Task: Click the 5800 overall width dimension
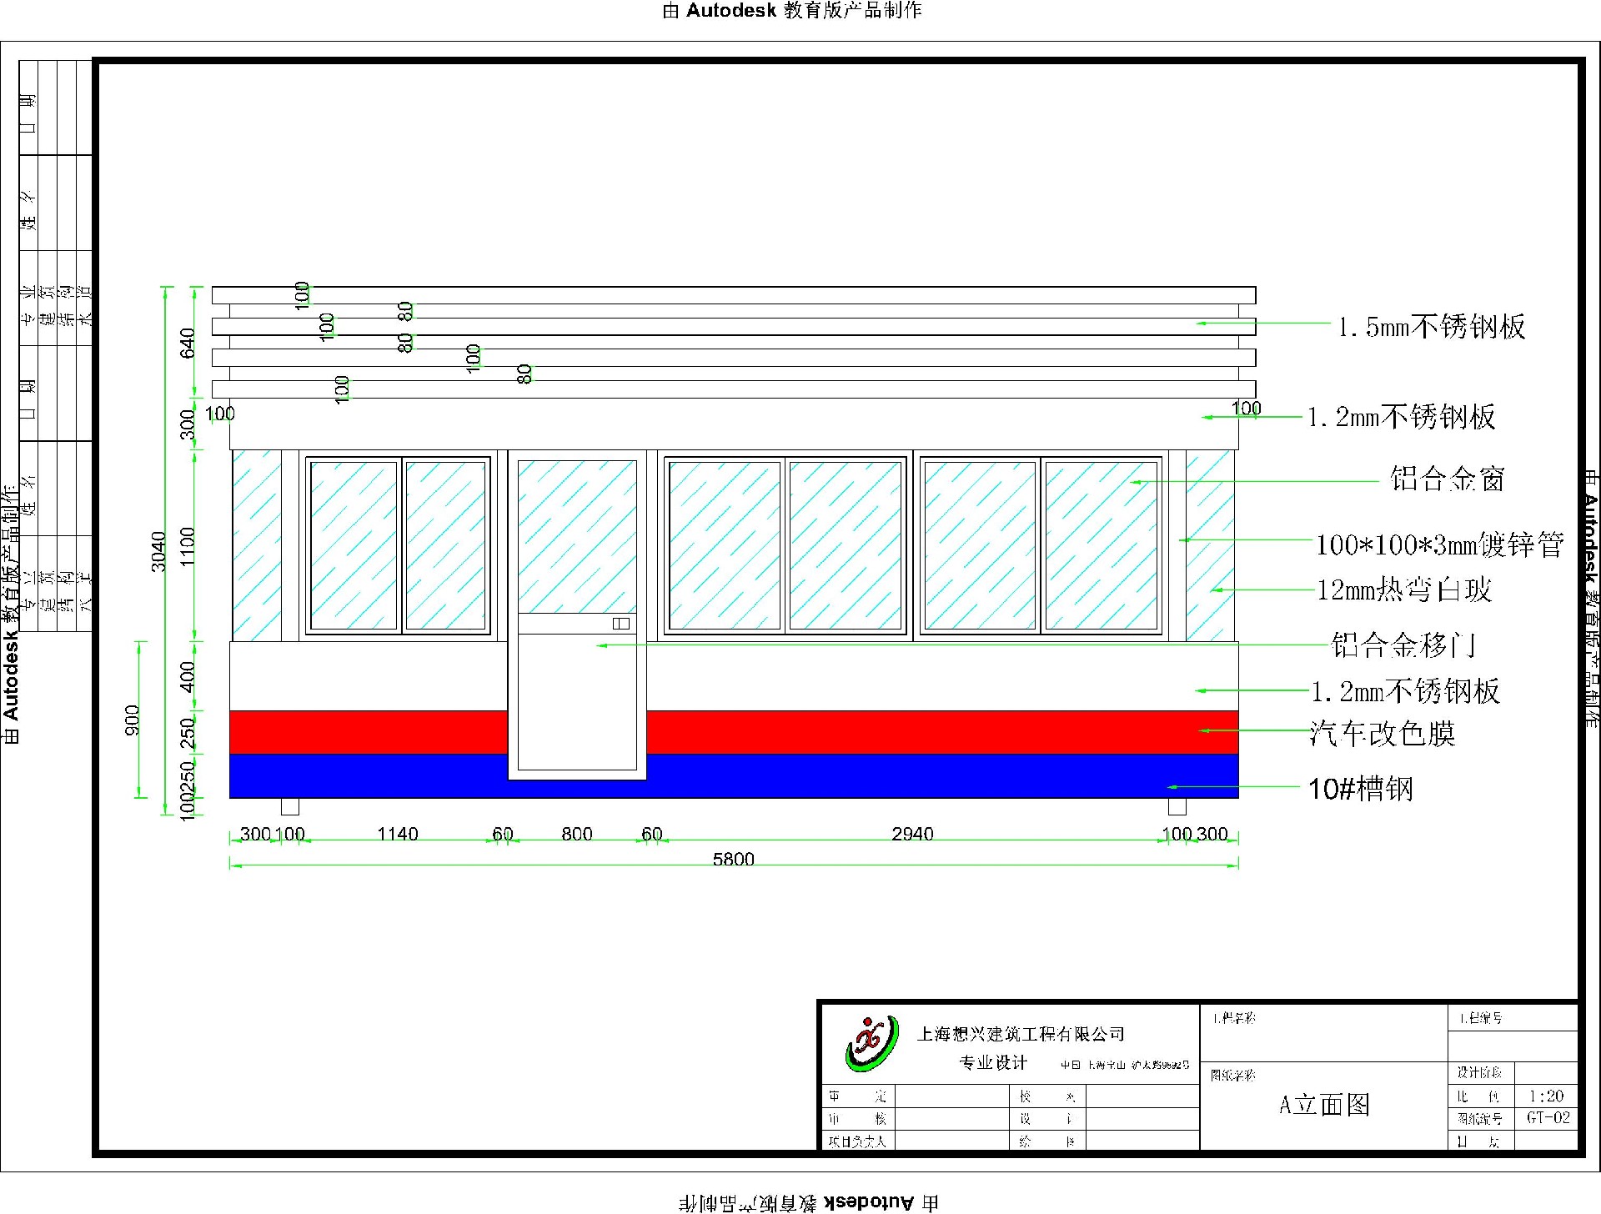click(733, 859)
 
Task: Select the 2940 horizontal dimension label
click(912, 834)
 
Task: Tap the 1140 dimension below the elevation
click(397, 834)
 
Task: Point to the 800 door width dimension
click(576, 834)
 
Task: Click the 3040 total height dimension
click(158, 551)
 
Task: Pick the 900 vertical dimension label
click(133, 720)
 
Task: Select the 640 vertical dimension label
click(188, 343)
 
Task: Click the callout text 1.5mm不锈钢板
click(1431, 327)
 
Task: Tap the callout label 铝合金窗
click(1447, 479)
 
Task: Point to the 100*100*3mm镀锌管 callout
click(1439, 545)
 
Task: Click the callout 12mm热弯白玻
click(1403, 590)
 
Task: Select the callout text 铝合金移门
click(1403, 645)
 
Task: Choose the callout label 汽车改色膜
click(1382, 734)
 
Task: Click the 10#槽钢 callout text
click(1360, 789)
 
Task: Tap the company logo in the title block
click(871, 1044)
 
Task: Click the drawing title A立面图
click(1324, 1105)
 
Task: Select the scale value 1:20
click(1546, 1096)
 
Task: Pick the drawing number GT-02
click(1548, 1118)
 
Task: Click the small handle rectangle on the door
click(621, 624)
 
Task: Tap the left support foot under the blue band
click(289, 806)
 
